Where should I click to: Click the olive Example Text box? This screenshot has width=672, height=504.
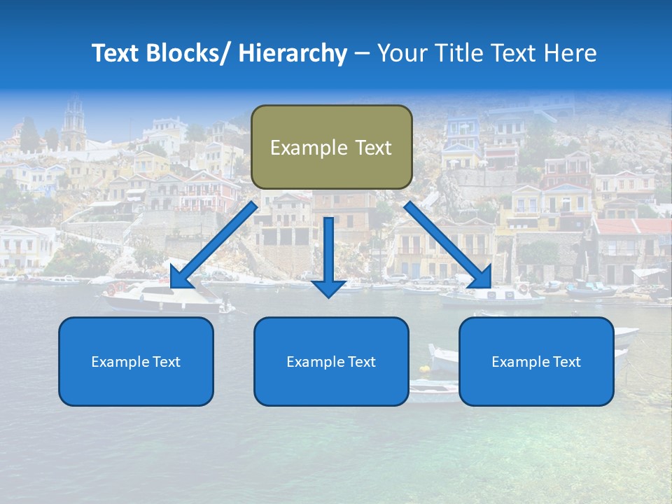(331, 147)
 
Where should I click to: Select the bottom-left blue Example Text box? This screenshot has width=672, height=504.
(136, 361)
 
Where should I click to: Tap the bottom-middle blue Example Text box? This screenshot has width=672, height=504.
(331, 361)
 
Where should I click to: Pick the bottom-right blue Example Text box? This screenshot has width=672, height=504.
(536, 361)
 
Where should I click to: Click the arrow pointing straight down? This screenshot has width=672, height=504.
(328, 255)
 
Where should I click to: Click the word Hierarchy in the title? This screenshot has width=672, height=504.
(293, 53)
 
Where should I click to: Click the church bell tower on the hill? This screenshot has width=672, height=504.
(73, 122)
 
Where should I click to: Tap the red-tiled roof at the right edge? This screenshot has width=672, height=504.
(633, 227)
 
